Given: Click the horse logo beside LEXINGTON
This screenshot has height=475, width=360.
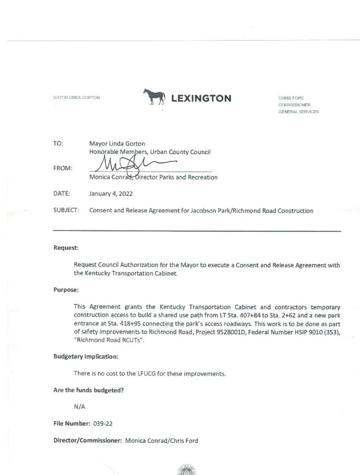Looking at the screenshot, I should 154,97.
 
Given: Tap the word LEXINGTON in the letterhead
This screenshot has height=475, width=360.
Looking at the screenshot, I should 201,98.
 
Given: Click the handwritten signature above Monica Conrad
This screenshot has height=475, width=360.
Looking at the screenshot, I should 132,166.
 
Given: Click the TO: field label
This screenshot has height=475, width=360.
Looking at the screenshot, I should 58,144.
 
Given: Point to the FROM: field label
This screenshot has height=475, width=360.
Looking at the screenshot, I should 63,168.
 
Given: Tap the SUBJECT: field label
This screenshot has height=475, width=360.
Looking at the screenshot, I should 66,211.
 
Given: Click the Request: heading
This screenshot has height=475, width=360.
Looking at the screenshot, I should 66,248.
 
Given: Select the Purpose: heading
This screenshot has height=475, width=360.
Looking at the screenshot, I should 66,290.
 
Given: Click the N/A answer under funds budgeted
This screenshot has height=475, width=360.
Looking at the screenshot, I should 79,407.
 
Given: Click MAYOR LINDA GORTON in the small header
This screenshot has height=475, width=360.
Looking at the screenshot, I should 76,97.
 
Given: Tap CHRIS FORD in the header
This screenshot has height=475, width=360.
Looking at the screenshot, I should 291,98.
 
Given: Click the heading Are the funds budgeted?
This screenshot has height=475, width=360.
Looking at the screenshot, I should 88,390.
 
